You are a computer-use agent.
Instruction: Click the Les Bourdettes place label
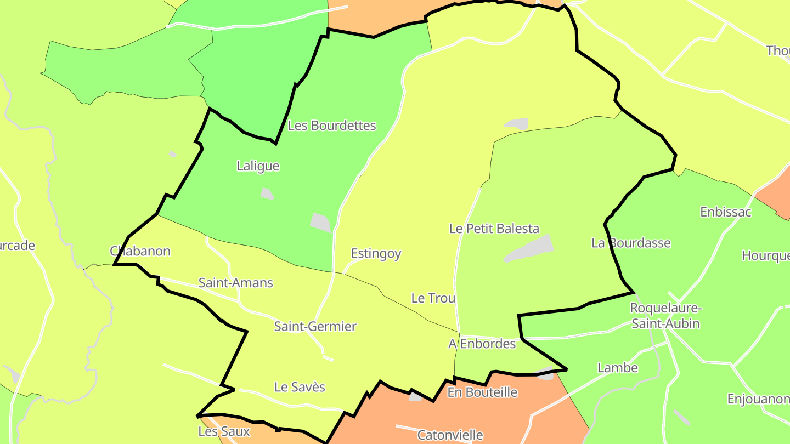click(x=332, y=126)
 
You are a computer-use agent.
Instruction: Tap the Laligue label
click(x=258, y=166)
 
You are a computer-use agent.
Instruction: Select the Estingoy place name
click(x=376, y=254)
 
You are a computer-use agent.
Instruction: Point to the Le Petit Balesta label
click(x=494, y=229)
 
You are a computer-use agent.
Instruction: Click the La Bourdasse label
click(x=631, y=243)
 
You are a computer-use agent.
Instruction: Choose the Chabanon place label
click(x=140, y=252)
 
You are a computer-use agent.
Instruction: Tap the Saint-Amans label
click(x=235, y=283)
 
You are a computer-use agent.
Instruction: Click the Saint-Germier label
click(x=315, y=327)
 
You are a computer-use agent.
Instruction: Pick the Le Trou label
click(x=433, y=298)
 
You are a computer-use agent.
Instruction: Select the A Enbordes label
click(x=482, y=344)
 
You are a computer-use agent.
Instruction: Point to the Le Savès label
click(x=300, y=387)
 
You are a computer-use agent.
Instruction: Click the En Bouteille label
click(x=482, y=392)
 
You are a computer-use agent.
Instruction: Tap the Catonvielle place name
click(x=450, y=435)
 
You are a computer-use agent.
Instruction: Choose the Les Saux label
click(x=224, y=431)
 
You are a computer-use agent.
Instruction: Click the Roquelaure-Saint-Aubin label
click(x=665, y=316)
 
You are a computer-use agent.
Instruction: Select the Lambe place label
click(x=618, y=368)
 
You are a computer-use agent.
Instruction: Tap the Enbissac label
click(x=725, y=212)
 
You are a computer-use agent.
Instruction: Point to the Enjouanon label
click(x=758, y=399)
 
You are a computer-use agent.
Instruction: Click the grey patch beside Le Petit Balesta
click(x=529, y=249)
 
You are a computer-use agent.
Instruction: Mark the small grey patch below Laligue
click(x=267, y=193)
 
